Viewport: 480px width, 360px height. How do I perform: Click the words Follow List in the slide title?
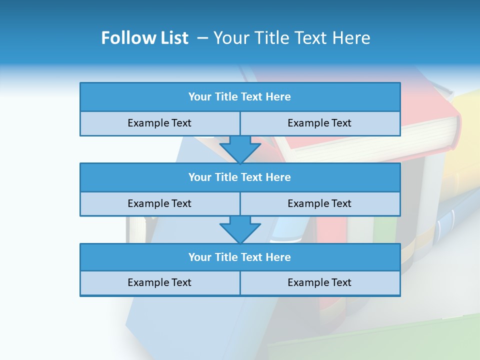144,38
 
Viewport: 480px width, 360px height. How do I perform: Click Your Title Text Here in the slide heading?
291,38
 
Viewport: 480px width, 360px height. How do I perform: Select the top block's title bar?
240,97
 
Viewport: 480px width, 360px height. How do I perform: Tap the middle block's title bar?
240,177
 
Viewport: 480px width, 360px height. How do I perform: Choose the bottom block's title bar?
240,257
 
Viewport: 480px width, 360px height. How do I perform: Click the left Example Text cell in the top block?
159,123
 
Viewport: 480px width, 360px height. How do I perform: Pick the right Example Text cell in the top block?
319,123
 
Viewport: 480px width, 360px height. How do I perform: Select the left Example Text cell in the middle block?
159,203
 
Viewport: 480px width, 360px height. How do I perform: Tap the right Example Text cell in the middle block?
319,203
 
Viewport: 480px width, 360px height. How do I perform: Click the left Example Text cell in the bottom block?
159,282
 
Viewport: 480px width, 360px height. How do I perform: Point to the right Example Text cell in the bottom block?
319,282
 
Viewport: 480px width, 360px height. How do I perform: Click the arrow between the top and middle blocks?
240,148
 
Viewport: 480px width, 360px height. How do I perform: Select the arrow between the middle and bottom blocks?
240,229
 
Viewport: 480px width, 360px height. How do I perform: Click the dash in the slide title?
203,38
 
